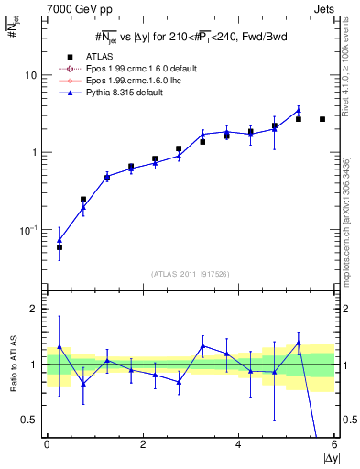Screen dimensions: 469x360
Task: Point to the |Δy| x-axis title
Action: click(324, 457)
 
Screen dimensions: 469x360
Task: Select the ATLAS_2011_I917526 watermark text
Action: click(191, 275)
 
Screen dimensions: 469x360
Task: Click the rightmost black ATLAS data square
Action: click(322, 119)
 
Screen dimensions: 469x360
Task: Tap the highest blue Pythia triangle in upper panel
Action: click(299, 111)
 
